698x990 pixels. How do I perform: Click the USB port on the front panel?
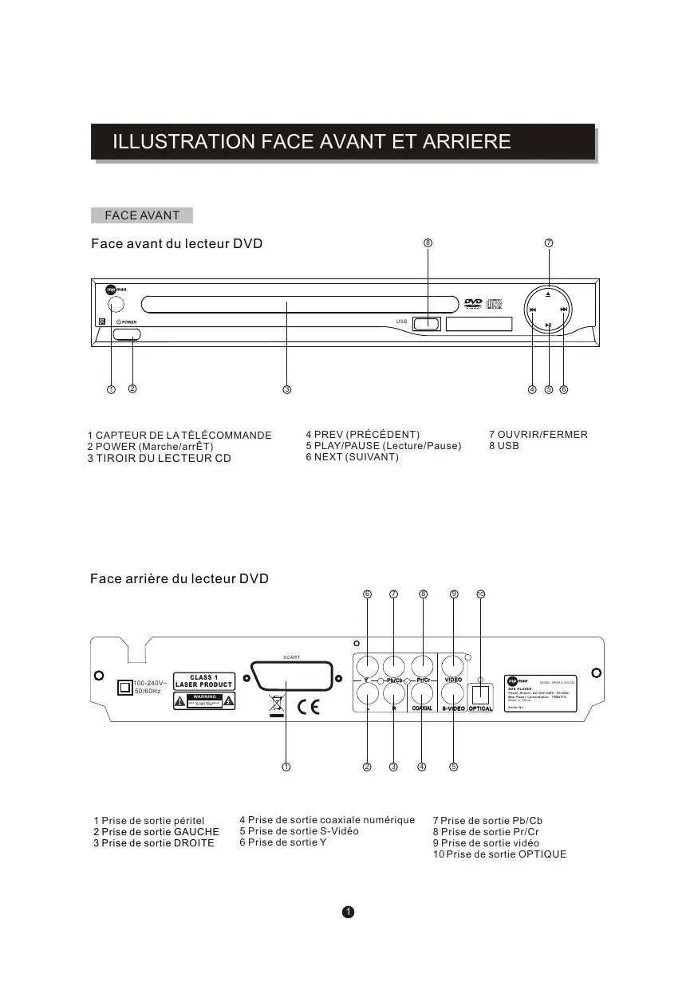427,324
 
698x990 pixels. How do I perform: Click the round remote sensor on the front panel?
115,305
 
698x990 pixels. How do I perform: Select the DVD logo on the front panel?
473,304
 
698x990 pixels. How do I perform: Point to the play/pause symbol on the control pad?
549,325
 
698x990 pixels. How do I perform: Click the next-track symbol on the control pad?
564,310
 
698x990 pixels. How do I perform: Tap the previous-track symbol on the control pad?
533,310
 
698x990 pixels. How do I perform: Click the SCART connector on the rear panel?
286,676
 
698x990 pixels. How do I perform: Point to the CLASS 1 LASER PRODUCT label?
203,681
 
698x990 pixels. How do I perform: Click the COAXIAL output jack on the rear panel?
421,692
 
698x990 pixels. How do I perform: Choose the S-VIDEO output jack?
453,692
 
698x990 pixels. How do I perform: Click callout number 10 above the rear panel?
480,594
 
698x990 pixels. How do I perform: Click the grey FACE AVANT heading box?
142,215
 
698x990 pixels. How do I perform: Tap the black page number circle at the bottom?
348,912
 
